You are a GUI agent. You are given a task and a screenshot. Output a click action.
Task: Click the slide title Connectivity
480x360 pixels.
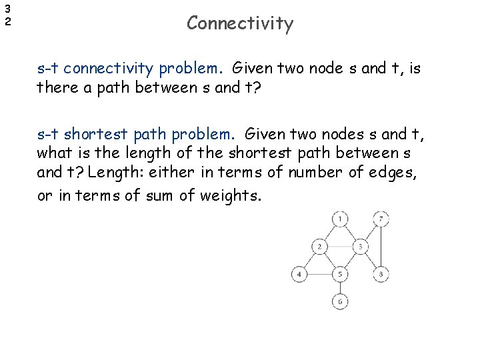tap(239, 23)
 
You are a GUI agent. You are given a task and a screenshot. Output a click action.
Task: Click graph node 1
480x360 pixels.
tap(340, 219)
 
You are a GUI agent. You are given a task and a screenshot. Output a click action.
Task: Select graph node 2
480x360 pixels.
tap(319, 247)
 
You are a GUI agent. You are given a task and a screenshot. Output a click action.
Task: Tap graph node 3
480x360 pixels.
tap(360, 247)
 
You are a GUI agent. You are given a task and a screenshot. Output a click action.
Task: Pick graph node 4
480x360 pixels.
tap(299, 274)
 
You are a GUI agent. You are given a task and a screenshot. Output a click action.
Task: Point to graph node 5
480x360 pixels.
tap(340, 274)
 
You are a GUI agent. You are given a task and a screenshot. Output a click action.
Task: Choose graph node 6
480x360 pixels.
tap(340, 301)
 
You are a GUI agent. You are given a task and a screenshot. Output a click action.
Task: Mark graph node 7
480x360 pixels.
tap(380, 219)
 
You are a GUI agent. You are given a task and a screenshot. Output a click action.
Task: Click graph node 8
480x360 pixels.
tap(380, 274)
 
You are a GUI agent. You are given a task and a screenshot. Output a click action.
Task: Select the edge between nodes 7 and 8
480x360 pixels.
tap(380, 247)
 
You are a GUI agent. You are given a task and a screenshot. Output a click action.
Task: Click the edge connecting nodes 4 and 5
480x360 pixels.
tap(320, 274)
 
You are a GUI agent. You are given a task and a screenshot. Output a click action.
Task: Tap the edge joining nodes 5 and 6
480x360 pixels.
tap(340, 288)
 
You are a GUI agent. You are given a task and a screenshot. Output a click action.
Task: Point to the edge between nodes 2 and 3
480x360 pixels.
tap(340, 247)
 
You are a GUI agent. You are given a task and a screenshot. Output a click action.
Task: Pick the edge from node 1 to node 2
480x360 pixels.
tap(330, 233)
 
